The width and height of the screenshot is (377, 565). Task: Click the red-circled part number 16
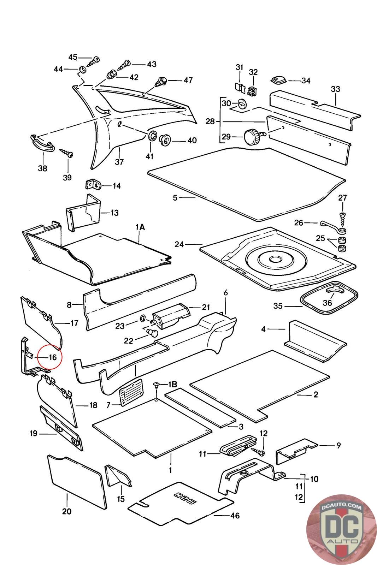(52, 357)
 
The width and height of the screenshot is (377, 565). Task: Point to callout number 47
(188, 80)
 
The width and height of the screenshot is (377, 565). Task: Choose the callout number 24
(179, 244)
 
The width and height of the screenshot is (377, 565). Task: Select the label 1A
(140, 227)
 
